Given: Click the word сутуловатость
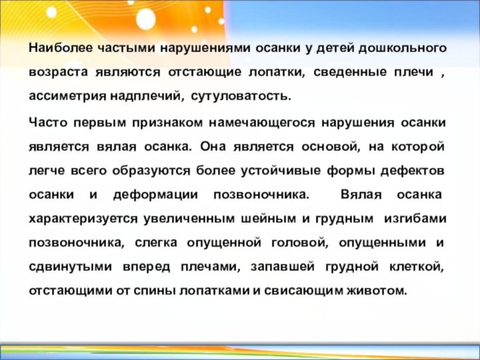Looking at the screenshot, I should [x=241, y=96].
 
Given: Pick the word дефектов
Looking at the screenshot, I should [x=413, y=171].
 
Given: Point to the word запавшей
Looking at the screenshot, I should [x=282, y=267].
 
